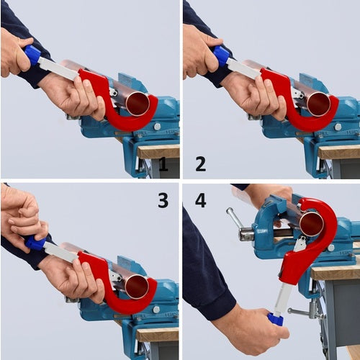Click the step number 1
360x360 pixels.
coord(163,164)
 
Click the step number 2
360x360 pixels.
coord(200,164)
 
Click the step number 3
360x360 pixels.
coord(163,199)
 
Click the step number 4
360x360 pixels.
coord(200,199)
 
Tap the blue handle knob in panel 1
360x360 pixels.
coord(32,55)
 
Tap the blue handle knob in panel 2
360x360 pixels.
coord(222,55)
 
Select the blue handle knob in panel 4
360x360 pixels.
coord(276,318)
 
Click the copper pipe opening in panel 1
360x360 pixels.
coord(138,104)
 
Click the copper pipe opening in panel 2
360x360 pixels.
coord(318,104)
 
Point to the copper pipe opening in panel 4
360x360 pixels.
coord(311,223)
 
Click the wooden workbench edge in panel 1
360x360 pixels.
coord(158,152)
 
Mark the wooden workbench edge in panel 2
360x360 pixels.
coord(338,152)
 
